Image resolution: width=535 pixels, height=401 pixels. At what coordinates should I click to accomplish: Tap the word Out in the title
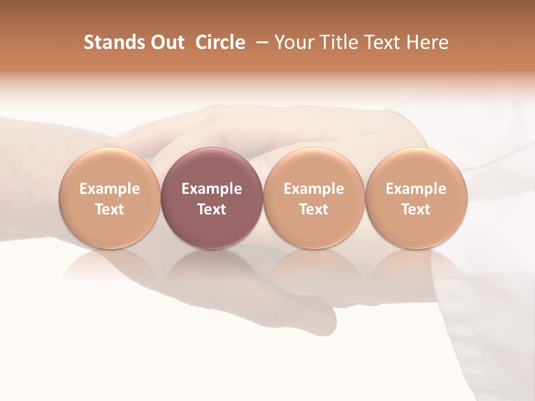(x=166, y=42)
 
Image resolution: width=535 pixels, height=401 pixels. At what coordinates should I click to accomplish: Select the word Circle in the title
(x=220, y=42)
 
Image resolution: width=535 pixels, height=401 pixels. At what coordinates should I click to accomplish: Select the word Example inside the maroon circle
(x=211, y=189)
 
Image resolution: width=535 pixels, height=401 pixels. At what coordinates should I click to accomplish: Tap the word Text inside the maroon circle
(x=211, y=209)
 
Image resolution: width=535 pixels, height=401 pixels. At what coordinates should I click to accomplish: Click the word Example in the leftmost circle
(x=109, y=189)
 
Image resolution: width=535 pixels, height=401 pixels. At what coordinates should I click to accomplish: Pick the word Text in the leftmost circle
(x=109, y=209)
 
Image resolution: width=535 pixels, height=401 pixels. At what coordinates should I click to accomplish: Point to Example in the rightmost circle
(x=416, y=189)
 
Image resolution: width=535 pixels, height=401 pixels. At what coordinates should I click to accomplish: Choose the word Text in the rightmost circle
(x=416, y=209)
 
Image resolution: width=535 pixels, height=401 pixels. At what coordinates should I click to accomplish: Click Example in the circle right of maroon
(x=314, y=189)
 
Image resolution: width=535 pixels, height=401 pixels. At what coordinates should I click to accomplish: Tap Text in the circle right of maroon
(x=314, y=209)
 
